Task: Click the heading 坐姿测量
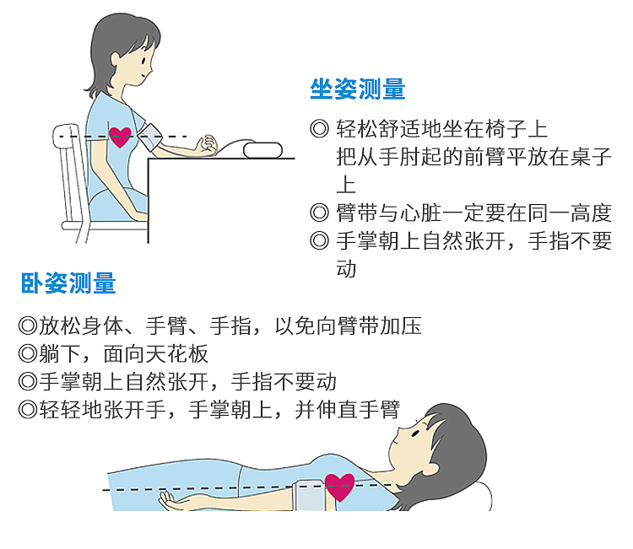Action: [358, 89]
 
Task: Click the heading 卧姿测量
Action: [68, 283]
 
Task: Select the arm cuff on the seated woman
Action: [150, 137]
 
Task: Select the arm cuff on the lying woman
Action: [310, 495]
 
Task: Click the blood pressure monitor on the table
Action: [262, 150]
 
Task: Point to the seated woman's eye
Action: [143, 62]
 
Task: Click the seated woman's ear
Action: [116, 59]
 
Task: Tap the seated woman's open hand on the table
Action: [206, 146]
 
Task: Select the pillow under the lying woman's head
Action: [484, 496]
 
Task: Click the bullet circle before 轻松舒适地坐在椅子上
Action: [319, 129]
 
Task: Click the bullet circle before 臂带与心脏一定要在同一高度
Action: [319, 213]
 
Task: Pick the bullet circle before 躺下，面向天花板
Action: [28, 353]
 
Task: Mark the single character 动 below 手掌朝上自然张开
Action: [346, 269]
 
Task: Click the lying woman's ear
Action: [430, 468]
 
